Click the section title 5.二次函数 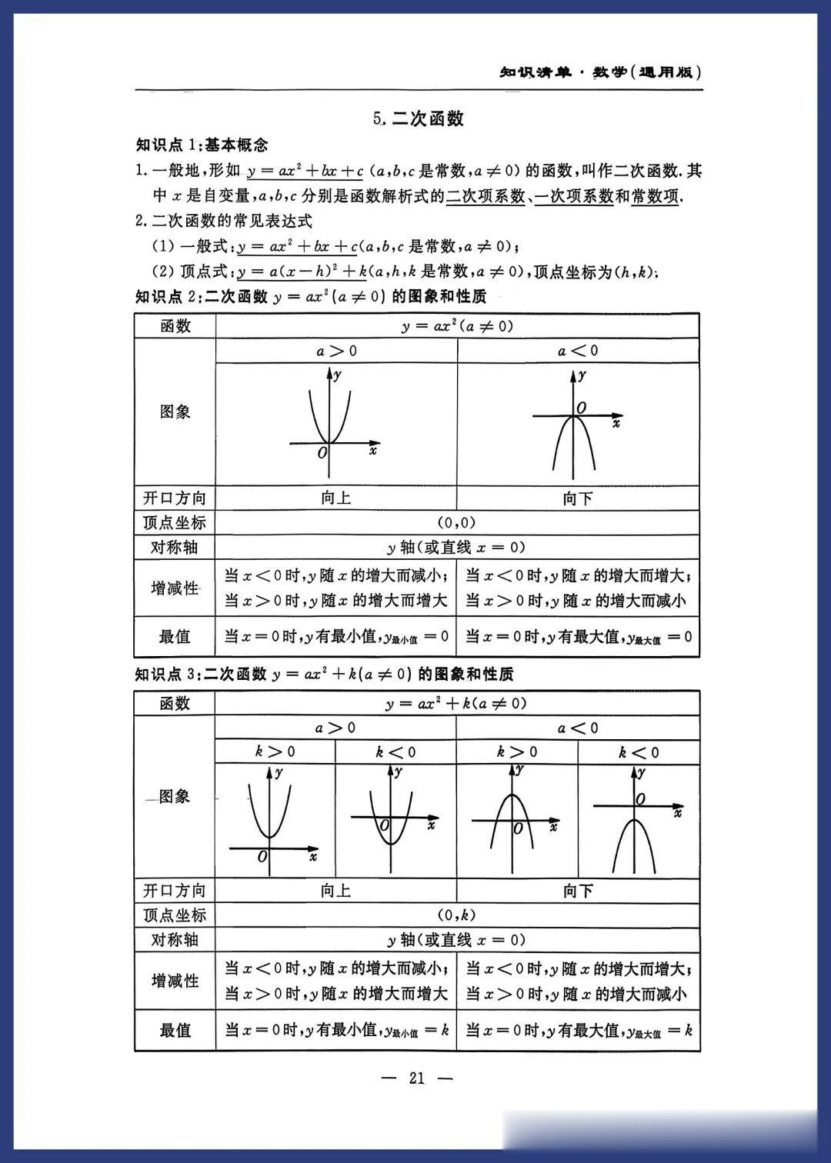coord(418,118)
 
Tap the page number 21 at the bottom coord(417,1078)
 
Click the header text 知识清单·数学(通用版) coord(600,72)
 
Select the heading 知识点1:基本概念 coord(202,145)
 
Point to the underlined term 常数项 coord(655,196)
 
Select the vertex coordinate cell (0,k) coord(457,915)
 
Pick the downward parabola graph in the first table coord(574,423)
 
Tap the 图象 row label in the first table coord(175,412)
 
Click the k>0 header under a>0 coord(275,751)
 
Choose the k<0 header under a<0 coord(639,751)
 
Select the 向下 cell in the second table coord(578,891)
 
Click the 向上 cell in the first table coord(336,498)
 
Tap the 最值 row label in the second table coord(175,1030)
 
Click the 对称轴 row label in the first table coord(175,547)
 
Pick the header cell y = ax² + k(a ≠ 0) coord(457,703)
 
